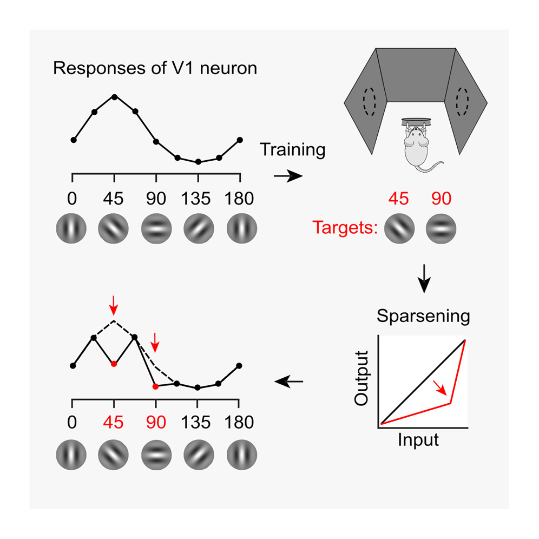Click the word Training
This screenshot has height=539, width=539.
293,150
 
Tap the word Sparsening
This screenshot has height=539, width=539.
423,316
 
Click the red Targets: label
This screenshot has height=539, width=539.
345,228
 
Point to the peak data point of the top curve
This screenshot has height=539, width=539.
115,97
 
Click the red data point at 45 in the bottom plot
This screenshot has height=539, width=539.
114,364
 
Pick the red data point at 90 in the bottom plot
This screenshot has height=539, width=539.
155,387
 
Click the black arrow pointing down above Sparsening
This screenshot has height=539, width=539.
424,279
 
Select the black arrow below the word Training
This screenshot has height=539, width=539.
288,176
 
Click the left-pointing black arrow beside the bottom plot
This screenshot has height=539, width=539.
289,382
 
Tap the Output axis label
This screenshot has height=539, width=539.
361,378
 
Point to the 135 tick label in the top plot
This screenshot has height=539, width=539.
195,199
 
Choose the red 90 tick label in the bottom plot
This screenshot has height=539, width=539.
156,423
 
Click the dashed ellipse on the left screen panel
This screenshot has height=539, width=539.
370,102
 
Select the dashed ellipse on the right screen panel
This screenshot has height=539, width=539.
462,102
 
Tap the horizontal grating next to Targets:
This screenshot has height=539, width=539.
441,228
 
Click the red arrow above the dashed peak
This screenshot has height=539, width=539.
114,305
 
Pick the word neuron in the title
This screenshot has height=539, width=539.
228,68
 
